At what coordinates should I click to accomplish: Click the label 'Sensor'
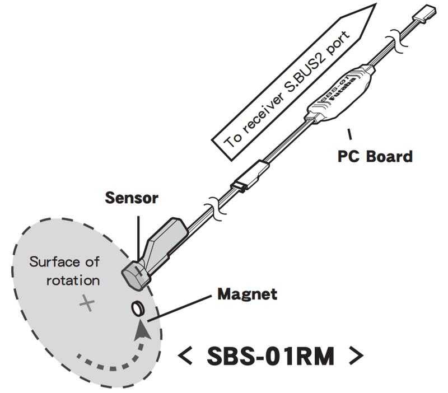point(132,198)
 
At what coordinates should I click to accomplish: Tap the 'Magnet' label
point(246,293)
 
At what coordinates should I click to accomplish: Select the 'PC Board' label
point(375,156)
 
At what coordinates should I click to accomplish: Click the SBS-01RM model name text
point(270,356)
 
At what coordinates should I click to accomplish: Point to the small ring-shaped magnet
point(138,307)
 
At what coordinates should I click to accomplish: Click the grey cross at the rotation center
point(87,303)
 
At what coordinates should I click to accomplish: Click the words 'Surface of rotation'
point(64,270)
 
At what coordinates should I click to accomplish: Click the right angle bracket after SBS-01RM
point(355,356)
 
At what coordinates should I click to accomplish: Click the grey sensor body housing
point(166,238)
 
